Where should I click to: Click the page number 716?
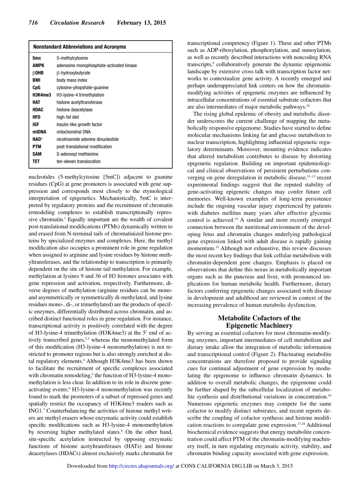point(33,23)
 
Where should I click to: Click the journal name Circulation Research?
point(77,23)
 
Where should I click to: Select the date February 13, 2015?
point(141,23)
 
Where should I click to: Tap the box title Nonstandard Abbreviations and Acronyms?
point(80,47)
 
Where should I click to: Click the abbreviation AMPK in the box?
point(39,66)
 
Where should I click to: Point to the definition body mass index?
point(72,80)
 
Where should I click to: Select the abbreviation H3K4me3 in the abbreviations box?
point(42,95)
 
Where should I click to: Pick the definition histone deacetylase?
point(75,110)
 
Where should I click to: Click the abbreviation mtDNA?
point(40,132)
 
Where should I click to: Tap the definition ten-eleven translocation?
point(79,161)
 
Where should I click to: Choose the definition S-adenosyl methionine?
point(77,154)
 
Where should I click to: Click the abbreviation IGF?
point(36,125)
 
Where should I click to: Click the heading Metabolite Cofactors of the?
point(259,318)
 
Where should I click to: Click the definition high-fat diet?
point(68,117)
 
